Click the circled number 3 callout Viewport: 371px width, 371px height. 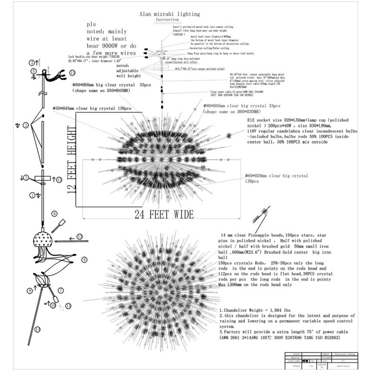point(26,125)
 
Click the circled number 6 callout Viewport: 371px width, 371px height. point(54,214)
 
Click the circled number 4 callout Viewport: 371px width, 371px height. point(32,62)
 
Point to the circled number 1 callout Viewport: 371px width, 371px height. point(32,195)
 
